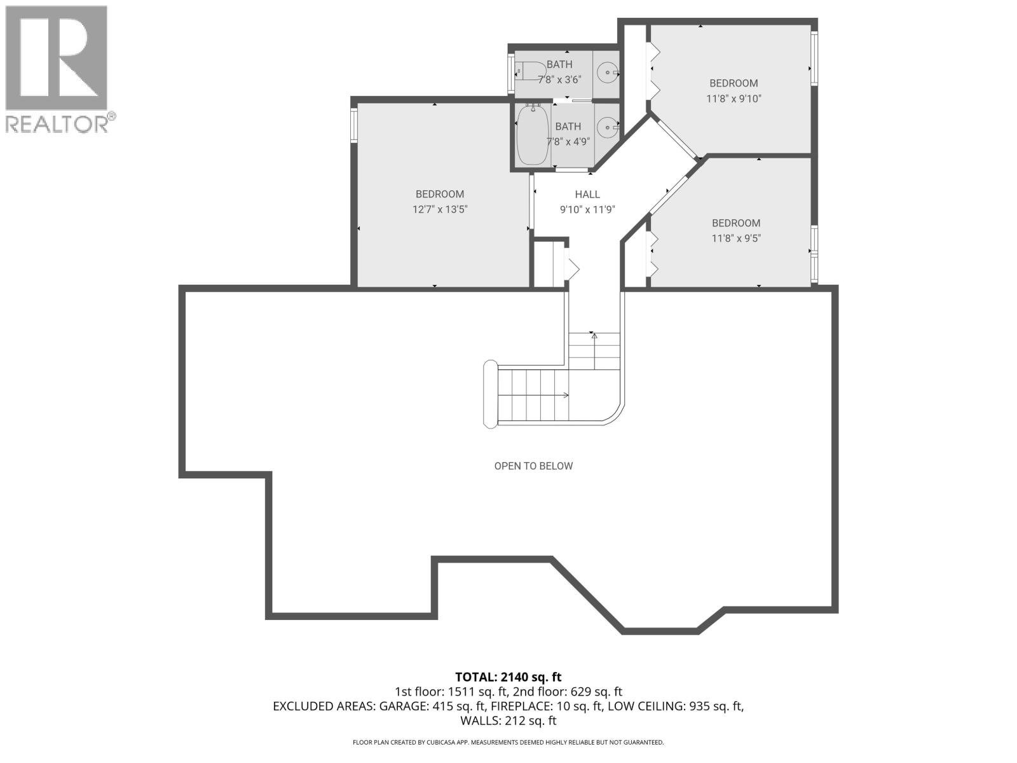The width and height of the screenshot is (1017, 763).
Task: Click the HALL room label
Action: coord(587,195)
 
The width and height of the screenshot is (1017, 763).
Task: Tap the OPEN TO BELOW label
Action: coord(533,466)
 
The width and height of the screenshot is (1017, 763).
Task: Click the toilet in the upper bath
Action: coord(529,70)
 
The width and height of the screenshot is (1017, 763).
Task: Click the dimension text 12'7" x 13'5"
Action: coord(440,209)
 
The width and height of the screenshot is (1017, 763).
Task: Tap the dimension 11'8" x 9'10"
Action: coord(733,99)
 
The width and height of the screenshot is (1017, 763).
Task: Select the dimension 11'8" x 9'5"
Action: coord(735,238)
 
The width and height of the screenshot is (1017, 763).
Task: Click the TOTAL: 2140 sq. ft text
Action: coord(508,677)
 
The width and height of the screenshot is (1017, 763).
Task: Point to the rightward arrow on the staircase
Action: coord(563,395)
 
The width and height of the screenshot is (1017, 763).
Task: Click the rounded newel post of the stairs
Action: coord(490,394)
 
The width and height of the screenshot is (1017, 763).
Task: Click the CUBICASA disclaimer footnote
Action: coord(508,742)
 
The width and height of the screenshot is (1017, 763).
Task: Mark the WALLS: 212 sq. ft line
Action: coord(508,721)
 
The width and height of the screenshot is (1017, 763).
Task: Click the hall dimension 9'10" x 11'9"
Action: coord(587,209)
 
